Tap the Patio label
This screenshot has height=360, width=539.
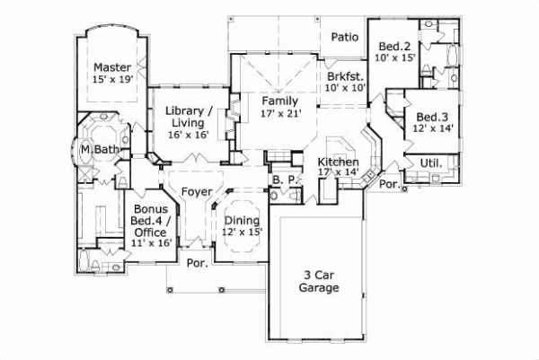pos(345,37)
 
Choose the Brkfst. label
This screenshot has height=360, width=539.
pos(346,75)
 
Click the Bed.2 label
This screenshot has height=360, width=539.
pos(394,46)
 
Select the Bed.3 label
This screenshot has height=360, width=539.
pos(432,117)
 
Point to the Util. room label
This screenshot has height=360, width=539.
pos(429,162)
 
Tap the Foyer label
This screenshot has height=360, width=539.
pos(197,191)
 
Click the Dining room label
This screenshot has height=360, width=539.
pos(242,220)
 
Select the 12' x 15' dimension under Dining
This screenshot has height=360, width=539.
pos(242,233)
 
